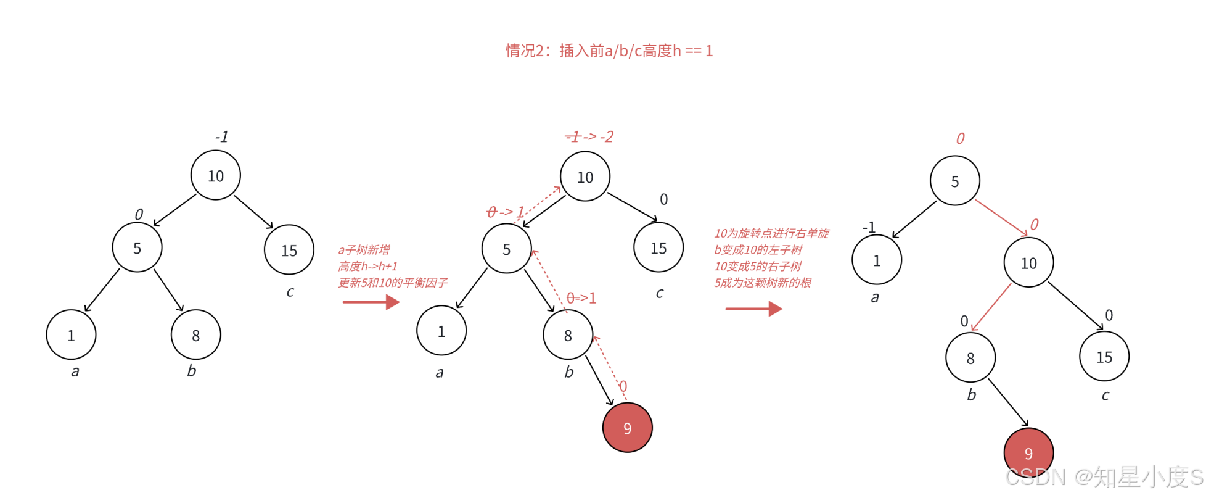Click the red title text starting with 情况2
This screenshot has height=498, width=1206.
(609, 51)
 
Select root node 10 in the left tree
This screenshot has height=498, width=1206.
(216, 176)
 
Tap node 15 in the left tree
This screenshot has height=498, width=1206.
(289, 250)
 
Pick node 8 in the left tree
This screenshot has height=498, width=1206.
(195, 335)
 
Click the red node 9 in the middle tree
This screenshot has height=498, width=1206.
(627, 428)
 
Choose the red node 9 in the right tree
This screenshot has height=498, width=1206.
(1028, 453)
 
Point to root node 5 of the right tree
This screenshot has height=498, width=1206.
(954, 181)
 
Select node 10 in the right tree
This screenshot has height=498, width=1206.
(1028, 263)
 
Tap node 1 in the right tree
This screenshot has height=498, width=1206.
(876, 260)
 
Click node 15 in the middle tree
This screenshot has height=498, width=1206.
(658, 248)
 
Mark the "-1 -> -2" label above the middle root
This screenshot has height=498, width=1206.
(589, 136)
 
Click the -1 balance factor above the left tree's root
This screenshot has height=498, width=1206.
(221, 136)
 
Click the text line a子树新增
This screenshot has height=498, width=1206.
(364, 250)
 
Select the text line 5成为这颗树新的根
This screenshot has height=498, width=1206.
(763, 283)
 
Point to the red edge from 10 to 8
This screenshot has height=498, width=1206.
(991, 307)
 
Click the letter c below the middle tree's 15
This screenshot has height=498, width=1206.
(660, 293)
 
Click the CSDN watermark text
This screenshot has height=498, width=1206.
(1104, 477)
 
